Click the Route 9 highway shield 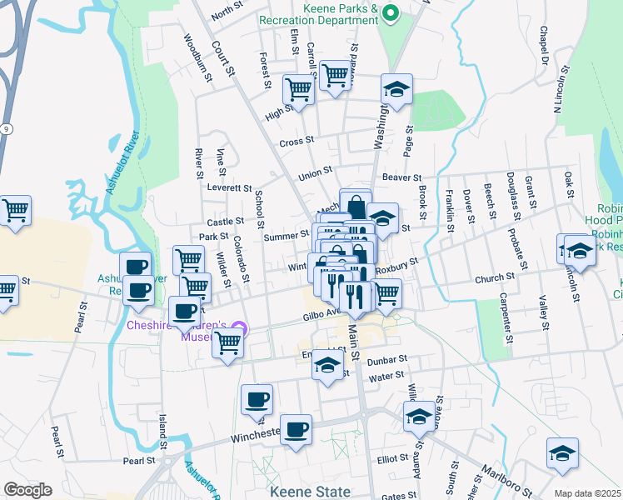pos(6,128)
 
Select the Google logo pos(27,489)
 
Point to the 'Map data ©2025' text pos(587,493)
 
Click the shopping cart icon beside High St pos(298,88)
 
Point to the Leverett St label pos(230,189)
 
